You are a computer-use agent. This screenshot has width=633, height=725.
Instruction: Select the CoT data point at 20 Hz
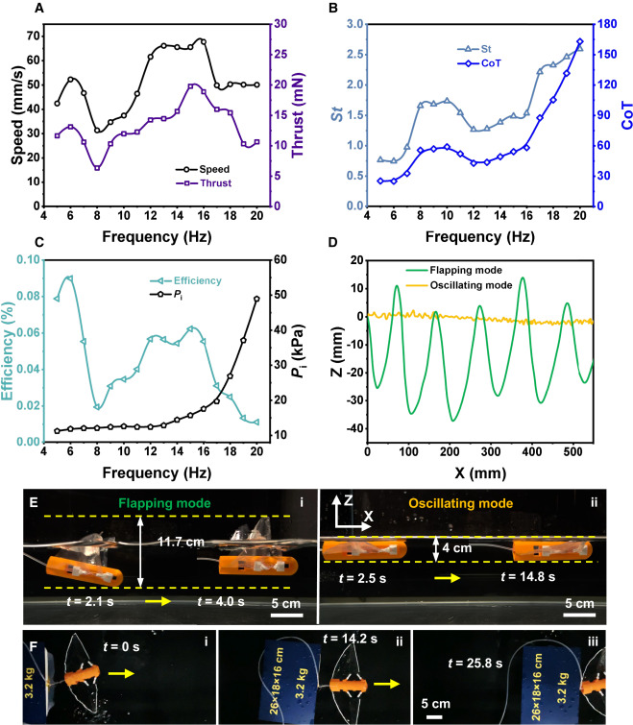click(579, 41)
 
